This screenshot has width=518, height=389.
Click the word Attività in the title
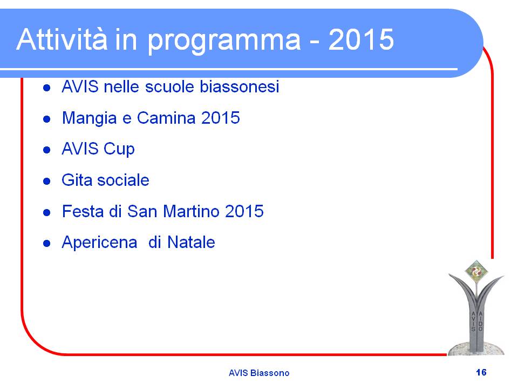point(62,39)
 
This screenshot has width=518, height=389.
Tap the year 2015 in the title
point(361,39)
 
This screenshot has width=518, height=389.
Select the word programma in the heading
point(224,42)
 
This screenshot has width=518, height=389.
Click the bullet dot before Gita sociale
point(46,181)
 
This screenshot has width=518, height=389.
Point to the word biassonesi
point(240,86)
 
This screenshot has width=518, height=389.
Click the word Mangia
point(89,119)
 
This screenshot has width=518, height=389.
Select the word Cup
point(119,150)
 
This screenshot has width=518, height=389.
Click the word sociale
point(123,180)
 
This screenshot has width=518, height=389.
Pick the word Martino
point(191,211)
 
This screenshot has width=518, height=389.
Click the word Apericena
point(99,243)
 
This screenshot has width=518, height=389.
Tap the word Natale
point(191,242)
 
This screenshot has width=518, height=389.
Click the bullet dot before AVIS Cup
point(46,150)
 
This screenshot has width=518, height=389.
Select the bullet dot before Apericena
point(46,244)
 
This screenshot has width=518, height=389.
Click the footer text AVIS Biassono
point(259,373)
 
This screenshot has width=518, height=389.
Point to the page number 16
point(481,372)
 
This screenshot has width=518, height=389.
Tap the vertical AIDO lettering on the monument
point(480,321)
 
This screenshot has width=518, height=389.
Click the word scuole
point(169,86)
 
